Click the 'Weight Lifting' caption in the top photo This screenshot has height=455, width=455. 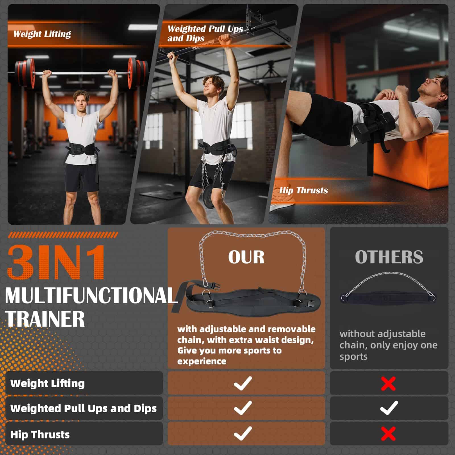[42, 34]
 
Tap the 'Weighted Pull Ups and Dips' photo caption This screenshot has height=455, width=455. [205, 33]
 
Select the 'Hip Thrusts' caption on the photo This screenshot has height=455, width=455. [303, 190]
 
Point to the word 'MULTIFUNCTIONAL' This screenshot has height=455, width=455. [92, 296]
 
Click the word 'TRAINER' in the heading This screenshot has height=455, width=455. [45, 318]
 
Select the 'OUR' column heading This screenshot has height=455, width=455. [246, 257]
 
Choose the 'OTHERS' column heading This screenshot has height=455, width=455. [389, 257]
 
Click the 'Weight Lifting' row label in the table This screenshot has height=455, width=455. [47, 383]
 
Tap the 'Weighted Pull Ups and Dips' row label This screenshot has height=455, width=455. [84, 408]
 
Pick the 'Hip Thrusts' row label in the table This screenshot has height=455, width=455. [40, 434]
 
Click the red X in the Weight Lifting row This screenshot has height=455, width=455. [388, 384]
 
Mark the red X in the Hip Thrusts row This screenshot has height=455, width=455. [388, 434]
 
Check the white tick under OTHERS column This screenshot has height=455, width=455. [389, 408]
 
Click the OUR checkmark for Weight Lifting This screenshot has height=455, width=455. [243, 383]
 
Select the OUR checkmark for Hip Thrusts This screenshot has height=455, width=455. [243, 433]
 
